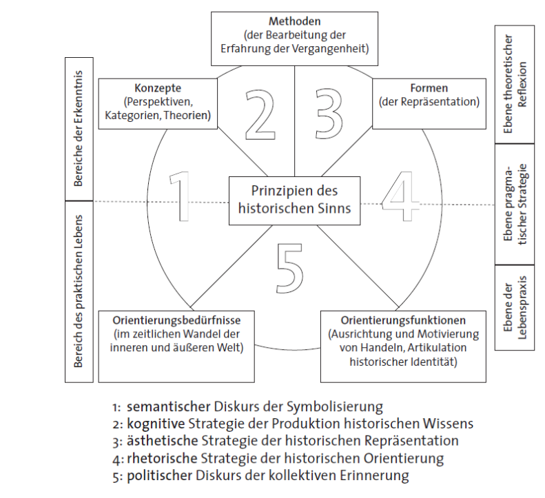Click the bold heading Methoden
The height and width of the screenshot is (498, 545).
(x=295, y=21)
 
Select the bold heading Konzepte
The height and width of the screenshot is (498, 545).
(x=158, y=88)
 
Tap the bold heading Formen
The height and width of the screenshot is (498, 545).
(x=429, y=88)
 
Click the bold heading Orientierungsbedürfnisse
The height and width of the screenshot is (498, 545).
(x=177, y=320)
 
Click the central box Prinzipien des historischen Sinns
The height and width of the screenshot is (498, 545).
(x=294, y=199)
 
